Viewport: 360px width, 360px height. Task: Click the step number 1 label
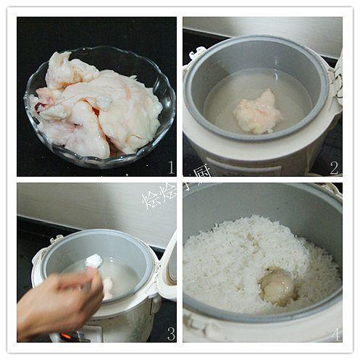pyautogui.click(x=171, y=168)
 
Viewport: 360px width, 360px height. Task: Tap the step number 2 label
pyautogui.click(x=334, y=168)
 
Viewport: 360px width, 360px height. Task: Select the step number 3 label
pyautogui.click(x=171, y=334)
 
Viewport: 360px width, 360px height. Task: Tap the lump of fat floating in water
pyautogui.click(x=256, y=112)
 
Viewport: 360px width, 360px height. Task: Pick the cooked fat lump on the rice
pyautogui.click(x=277, y=285)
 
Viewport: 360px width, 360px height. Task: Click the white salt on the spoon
pyautogui.click(x=93, y=261)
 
